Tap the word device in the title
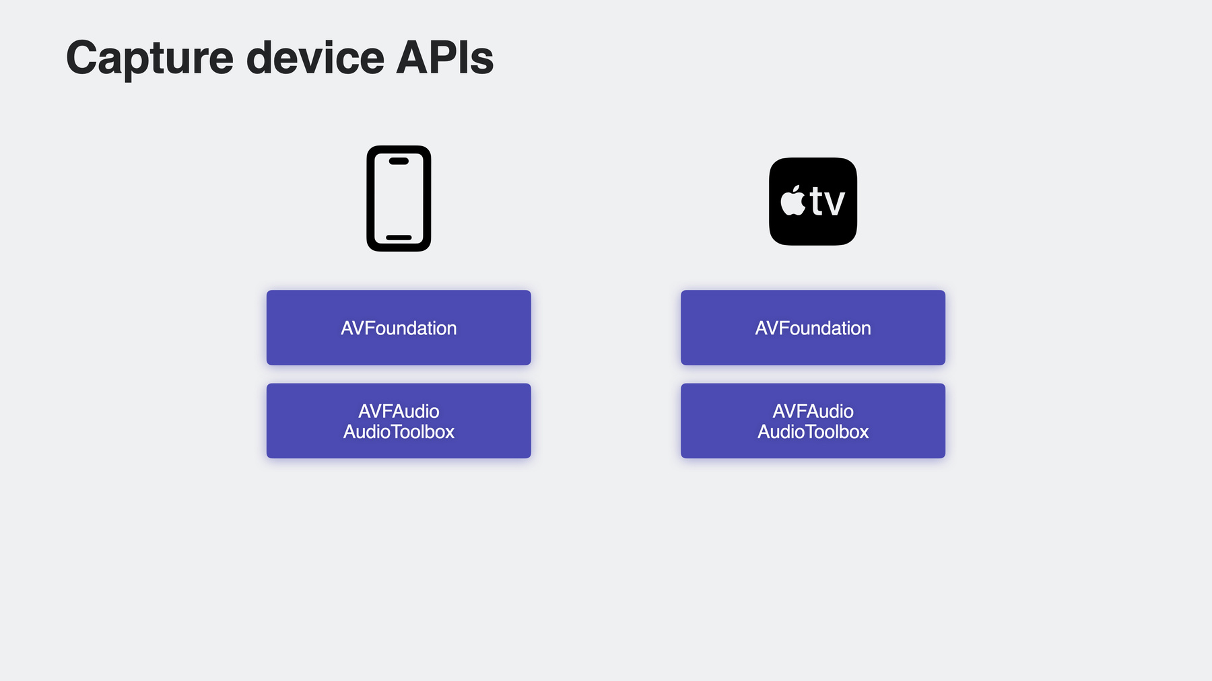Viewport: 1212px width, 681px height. [315, 57]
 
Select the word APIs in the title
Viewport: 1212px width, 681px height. [445, 57]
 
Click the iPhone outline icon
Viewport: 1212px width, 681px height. [399, 199]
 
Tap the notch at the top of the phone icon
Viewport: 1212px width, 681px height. [399, 161]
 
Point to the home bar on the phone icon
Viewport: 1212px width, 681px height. [399, 238]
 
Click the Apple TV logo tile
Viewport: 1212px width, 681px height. [813, 201]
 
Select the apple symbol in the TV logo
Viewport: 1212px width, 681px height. [793, 201]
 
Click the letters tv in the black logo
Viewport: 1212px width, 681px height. [828, 201]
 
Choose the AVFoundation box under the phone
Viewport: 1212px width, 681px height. [399, 328]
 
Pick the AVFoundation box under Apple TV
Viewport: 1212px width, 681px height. [813, 328]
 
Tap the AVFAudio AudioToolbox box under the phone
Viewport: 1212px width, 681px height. [399, 421]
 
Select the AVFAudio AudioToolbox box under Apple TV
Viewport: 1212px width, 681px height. [813, 421]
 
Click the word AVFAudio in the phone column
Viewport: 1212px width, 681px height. [399, 411]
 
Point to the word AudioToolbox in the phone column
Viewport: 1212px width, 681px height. [399, 431]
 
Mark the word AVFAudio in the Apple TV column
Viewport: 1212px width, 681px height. [813, 411]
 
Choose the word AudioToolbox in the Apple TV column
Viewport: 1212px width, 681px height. [813, 431]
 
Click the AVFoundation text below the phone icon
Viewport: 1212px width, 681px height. [399, 328]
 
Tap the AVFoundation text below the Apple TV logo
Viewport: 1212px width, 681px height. [813, 328]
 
